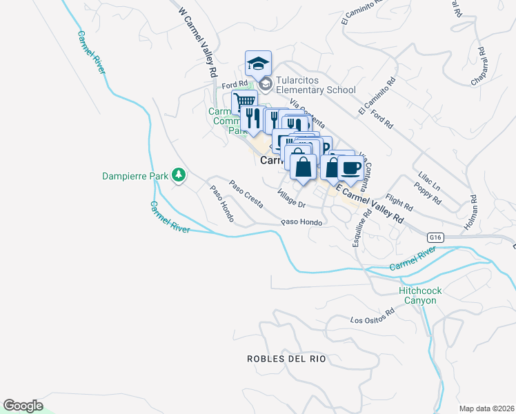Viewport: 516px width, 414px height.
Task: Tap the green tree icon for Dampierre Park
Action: [179, 175]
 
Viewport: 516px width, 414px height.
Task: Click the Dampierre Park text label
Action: [135, 176]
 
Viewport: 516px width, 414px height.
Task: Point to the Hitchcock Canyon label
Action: [420, 295]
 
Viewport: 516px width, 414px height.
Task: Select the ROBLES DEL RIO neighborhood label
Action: [286, 359]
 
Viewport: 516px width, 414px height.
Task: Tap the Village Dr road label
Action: [291, 199]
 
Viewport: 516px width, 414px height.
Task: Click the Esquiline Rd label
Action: [358, 228]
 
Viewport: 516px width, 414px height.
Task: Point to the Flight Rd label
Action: [399, 201]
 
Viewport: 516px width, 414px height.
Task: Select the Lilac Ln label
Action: [428, 180]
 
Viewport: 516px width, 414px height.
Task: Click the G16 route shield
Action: [433, 237]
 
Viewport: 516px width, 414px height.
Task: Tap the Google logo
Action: [23, 406]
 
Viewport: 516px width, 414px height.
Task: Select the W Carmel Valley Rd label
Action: [198, 42]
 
